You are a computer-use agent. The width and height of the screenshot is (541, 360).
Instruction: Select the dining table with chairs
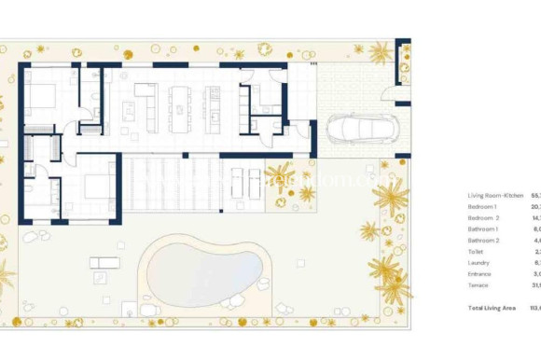179,108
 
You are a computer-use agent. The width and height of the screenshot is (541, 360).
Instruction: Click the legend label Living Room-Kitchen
493,195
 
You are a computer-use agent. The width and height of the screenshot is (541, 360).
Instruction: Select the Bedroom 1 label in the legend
483,206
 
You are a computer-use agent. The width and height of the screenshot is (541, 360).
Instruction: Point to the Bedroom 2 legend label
484,217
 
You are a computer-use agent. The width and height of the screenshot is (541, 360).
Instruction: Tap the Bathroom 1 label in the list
484,228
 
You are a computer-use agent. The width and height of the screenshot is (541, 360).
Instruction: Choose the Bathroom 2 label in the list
484,240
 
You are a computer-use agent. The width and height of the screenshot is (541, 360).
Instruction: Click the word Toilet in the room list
476,251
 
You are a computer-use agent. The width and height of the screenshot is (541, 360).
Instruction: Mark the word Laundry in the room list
478,262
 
